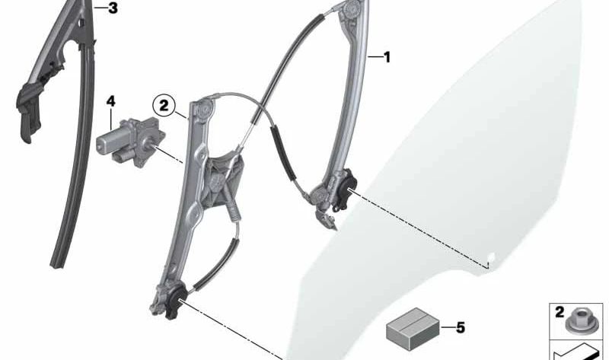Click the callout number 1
click(x=387, y=58)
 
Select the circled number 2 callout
click(x=164, y=106)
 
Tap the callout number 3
click(x=113, y=8)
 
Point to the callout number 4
click(x=110, y=102)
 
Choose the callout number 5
click(x=461, y=328)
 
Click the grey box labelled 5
click(x=413, y=329)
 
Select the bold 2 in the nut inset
click(x=560, y=312)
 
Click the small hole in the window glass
click(x=491, y=256)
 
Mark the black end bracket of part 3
click(x=28, y=110)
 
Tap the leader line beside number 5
click(x=448, y=328)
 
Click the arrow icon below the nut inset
click(x=576, y=352)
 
